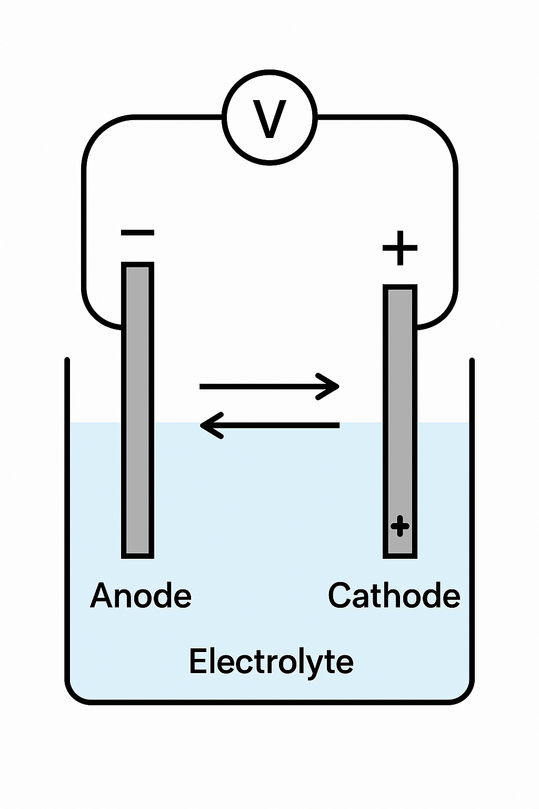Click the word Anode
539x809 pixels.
(141, 596)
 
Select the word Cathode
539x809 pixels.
(394, 596)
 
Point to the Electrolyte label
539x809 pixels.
(271, 662)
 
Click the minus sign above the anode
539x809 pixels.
(137, 232)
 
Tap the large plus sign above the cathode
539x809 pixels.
(400, 248)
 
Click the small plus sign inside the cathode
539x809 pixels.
(400, 526)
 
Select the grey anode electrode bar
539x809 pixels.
(138, 411)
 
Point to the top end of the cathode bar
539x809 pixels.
(400, 290)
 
